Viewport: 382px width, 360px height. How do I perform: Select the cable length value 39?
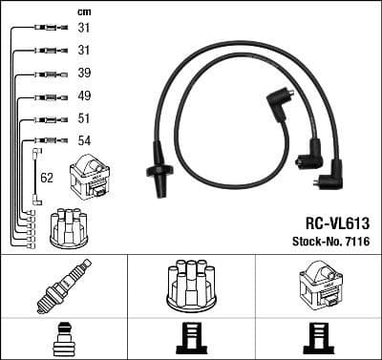84,74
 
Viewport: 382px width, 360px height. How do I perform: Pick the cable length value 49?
84,96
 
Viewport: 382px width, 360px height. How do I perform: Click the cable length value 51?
84,119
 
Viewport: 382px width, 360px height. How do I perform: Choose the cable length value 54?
84,141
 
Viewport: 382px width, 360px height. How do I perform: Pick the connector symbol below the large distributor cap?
191,338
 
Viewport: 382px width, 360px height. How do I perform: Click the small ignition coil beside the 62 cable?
95,176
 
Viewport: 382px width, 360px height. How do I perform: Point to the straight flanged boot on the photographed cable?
158,168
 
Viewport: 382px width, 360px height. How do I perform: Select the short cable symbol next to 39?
44,74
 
